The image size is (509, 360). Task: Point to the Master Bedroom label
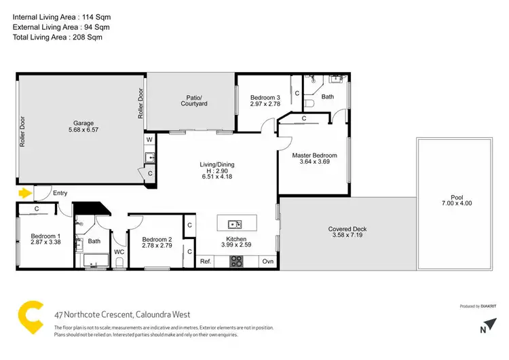pyautogui.click(x=314, y=156)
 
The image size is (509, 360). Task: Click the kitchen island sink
pyautogui.click(x=233, y=224)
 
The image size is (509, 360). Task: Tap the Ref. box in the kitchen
pyautogui.click(x=206, y=262)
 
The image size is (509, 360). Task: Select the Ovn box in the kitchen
pyautogui.click(x=267, y=262)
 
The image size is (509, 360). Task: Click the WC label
pyautogui.click(x=119, y=252)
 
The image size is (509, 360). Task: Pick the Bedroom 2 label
pyautogui.click(x=157, y=239)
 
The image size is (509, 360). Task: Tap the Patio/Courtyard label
pyautogui.click(x=193, y=100)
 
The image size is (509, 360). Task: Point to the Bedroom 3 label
pyautogui.click(x=265, y=96)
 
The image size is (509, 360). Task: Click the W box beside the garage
pyautogui.click(x=149, y=141)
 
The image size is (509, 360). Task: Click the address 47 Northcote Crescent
pyautogui.click(x=123, y=314)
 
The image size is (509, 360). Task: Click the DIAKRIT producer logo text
pyautogui.click(x=485, y=306)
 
